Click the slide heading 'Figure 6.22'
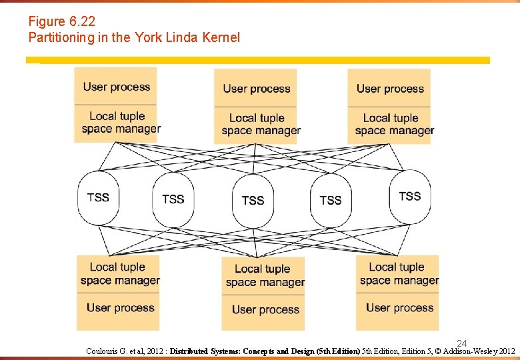[x=62, y=22]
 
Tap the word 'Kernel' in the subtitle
[x=219, y=38]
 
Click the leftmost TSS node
[x=98, y=198]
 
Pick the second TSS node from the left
[x=173, y=199]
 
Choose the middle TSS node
[x=253, y=200]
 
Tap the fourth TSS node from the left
[x=330, y=200]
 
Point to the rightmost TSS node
[x=409, y=197]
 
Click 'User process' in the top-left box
[x=117, y=87]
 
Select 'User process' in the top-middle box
[x=257, y=89]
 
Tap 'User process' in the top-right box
[x=390, y=89]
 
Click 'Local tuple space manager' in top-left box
[x=120, y=123]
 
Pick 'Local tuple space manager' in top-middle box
[x=260, y=125]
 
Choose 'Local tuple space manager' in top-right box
[x=394, y=125]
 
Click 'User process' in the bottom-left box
[x=120, y=308]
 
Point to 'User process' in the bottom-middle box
[x=265, y=310]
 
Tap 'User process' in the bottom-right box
[x=399, y=308]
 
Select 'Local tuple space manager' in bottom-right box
[x=399, y=274]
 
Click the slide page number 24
[x=462, y=343]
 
